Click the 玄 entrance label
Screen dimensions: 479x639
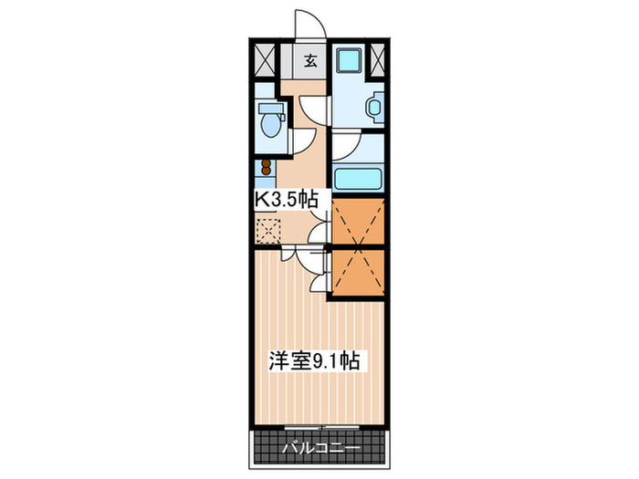coord(310,62)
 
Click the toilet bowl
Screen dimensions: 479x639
coord(270,120)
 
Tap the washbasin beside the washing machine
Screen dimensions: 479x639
coord(374,108)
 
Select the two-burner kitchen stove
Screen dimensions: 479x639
coord(266,168)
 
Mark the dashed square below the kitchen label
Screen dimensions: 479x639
coord(268,229)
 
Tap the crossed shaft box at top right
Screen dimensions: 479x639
coord(378,62)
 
